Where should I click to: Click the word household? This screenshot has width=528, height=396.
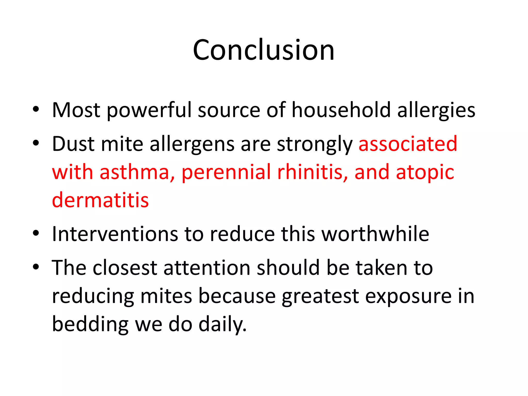tap(341, 110)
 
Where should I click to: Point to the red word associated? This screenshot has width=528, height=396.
tap(408, 144)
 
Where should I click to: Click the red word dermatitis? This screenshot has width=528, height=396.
tap(100, 200)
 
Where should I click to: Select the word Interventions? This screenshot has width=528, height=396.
tap(115, 234)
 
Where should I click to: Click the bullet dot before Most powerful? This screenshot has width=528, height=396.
tap(36, 109)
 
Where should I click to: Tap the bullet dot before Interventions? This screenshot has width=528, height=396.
tap(36, 234)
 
